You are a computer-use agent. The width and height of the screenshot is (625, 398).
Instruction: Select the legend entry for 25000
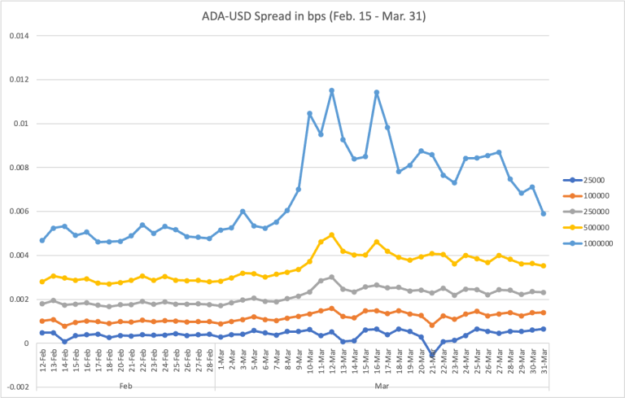591,180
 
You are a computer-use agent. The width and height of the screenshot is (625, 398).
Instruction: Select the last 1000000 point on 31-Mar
544,214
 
